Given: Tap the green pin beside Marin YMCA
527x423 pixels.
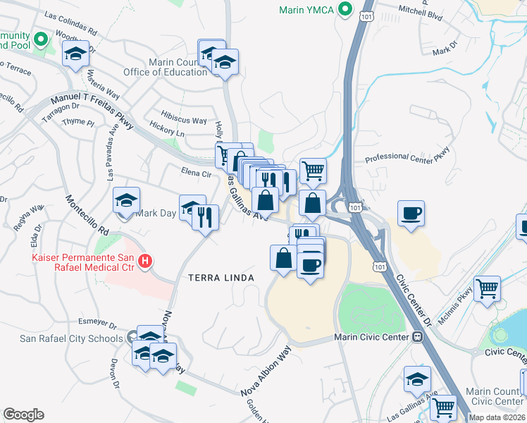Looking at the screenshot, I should pos(345,10).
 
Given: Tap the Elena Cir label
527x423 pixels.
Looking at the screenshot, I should pos(197,173).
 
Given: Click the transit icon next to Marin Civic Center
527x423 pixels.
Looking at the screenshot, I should pos(417,337).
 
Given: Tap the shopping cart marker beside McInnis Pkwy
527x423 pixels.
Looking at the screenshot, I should pos(488,289).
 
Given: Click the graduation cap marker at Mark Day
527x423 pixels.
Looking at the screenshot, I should pos(127,201).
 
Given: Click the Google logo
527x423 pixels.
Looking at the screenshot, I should pos(23,415).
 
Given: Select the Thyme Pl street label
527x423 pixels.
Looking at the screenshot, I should pos(77,122).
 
